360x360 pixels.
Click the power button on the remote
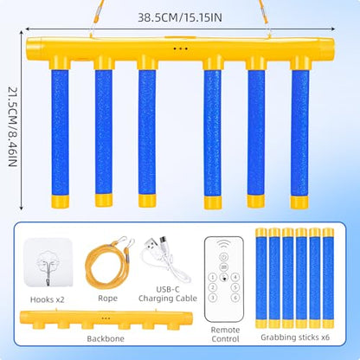click(x=224, y=256)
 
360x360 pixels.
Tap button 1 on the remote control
click(x=213, y=277)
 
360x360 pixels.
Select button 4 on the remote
click(x=235, y=277)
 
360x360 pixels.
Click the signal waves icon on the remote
click(x=224, y=244)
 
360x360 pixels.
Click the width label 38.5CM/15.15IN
click(x=180, y=17)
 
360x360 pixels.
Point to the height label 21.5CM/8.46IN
click(x=12, y=126)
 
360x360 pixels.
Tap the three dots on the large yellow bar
click(x=181, y=48)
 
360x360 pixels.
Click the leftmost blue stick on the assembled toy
click(x=61, y=132)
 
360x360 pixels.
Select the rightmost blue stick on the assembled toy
click(x=299, y=132)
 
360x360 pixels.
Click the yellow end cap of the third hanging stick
click(x=147, y=201)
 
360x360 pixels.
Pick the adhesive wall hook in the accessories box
click(x=48, y=262)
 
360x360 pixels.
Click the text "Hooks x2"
click(x=47, y=299)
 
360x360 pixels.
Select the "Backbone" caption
click(x=106, y=338)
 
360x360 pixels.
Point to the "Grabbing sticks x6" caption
click(x=295, y=337)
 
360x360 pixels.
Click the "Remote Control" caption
click(x=225, y=334)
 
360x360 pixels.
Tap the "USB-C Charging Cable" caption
click(x=168, y=294)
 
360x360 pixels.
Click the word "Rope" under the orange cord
click(x=107, y=299)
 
